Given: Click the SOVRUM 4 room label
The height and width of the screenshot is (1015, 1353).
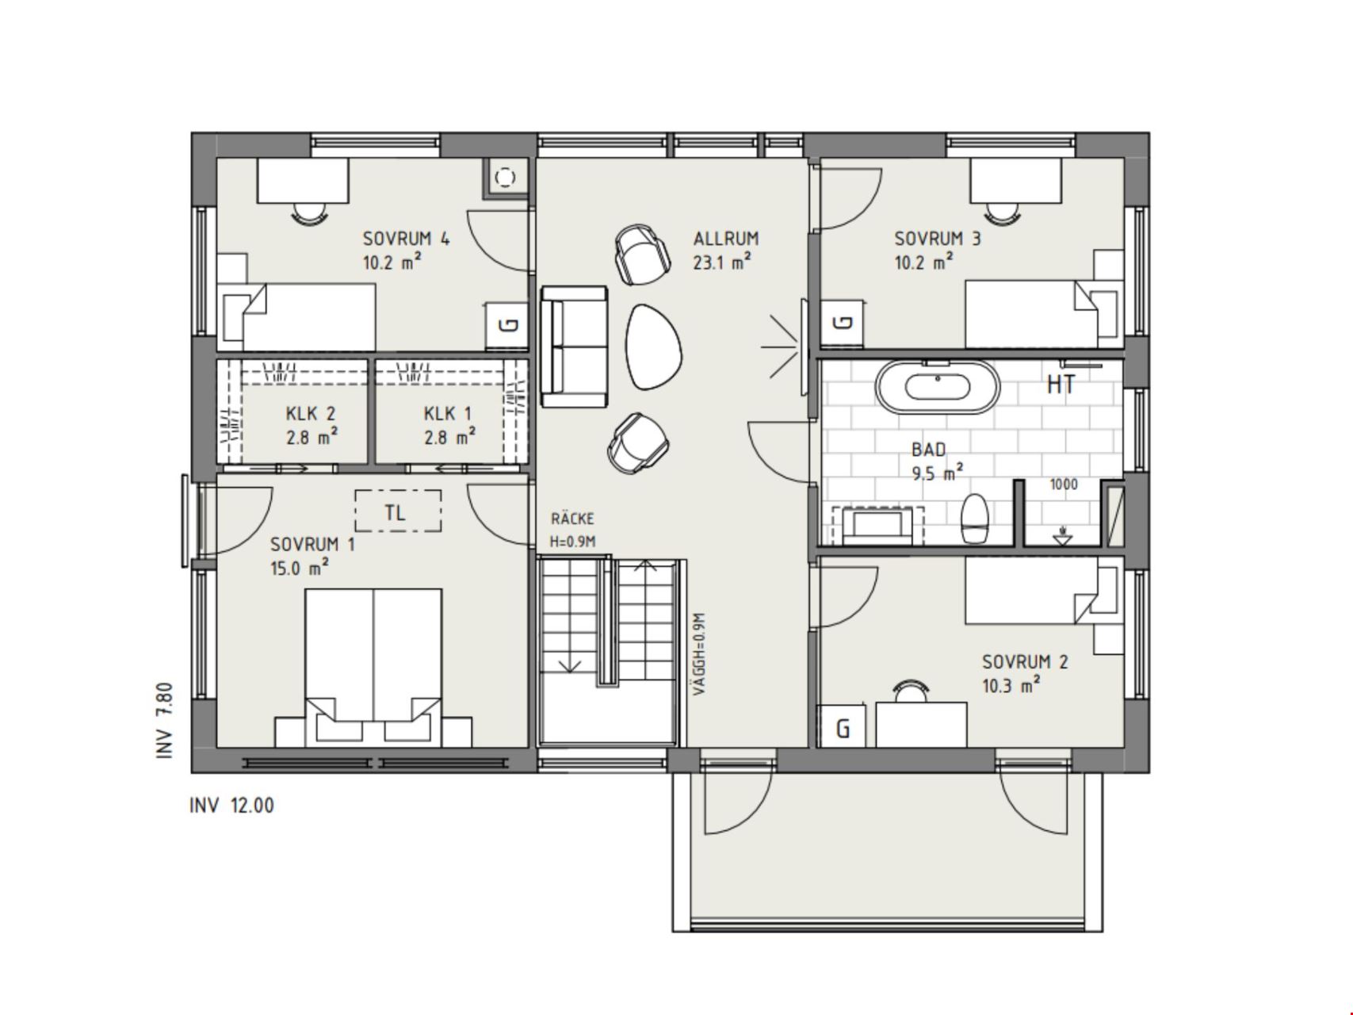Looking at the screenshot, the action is [406, 238].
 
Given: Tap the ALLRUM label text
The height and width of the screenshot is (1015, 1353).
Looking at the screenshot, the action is [726, 238].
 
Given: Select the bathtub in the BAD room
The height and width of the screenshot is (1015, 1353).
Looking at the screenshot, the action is [938, 387].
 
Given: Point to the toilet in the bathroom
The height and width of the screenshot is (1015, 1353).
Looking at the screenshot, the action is [974, 519].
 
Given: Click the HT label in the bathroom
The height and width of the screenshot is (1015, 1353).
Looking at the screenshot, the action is [1061, 385].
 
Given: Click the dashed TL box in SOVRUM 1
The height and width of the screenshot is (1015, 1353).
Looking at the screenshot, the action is [397, 511].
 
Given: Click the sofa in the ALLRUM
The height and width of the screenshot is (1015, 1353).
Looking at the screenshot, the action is [575, 347].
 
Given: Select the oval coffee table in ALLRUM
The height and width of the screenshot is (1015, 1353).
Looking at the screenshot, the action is [654, 347].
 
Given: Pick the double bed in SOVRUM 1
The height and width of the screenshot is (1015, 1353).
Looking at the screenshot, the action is [373, 667].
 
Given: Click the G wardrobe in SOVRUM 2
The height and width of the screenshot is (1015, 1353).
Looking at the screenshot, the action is [843, 726].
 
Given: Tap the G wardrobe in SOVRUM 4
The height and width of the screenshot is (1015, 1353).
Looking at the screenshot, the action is [508, 325].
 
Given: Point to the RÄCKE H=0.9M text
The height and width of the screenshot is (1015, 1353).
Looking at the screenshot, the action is [572, 530].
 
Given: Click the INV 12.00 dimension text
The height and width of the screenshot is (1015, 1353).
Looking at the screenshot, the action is [231, 806].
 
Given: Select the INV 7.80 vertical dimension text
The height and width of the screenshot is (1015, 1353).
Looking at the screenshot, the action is [165, 720].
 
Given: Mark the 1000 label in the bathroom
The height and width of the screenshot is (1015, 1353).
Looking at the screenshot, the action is [1064, 485].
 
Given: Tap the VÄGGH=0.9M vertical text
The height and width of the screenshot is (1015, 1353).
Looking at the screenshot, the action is [698, 654].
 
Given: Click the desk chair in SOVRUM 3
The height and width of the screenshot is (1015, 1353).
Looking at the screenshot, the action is [1003, 213].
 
